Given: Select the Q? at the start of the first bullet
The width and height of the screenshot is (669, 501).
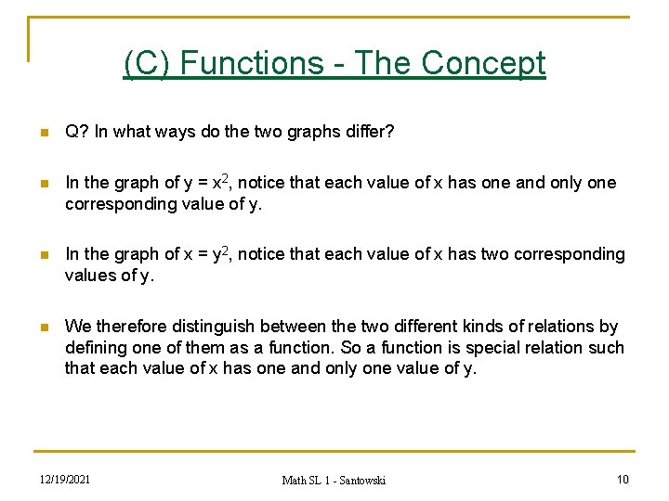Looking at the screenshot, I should tap(76, 133).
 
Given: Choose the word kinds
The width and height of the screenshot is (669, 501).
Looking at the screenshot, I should tap(496, 326).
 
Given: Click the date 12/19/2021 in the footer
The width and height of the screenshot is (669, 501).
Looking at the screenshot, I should tap(64, 480).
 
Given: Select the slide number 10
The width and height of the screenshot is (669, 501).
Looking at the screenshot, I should tap(622, 480).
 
